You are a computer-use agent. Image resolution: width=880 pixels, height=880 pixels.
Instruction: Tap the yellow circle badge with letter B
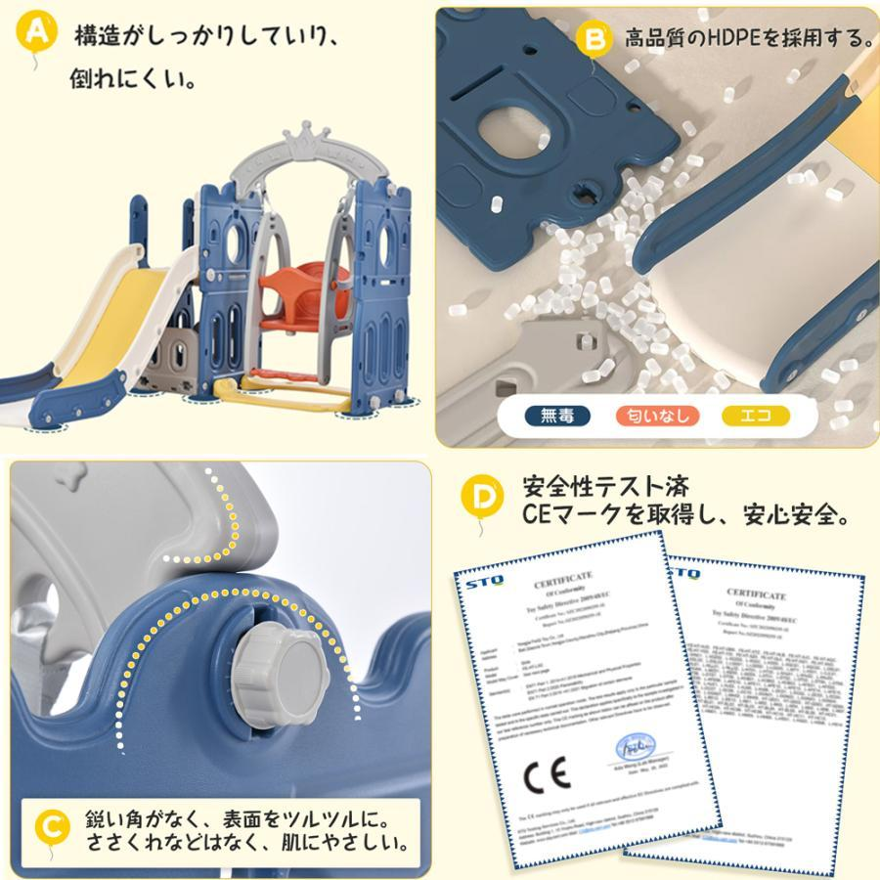pyautogui.click(x=594, y=39)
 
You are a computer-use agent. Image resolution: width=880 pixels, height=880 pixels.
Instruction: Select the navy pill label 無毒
pyautogui.click(x=556, y=416)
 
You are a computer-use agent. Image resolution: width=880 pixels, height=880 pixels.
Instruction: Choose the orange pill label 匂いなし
pyautogui.click(x=658, y=416)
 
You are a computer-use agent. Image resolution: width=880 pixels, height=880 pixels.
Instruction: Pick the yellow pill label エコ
pyautogui.click(x=756, y=416)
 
